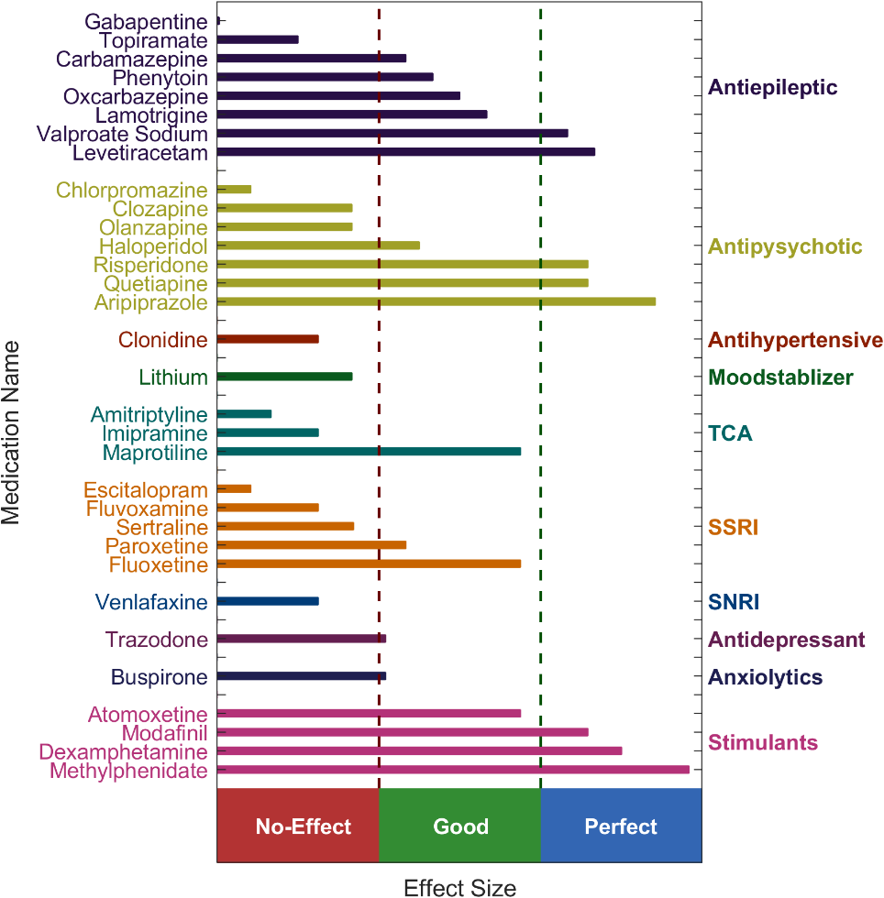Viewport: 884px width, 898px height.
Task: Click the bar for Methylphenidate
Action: tap(453, 770)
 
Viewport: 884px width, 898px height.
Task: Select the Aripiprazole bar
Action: tap(436, 301)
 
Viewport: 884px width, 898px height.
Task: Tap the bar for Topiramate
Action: tap(258, 39)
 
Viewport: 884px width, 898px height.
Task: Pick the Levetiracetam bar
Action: tap(406, 151)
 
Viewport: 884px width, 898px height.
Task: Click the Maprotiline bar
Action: tap(369, 452)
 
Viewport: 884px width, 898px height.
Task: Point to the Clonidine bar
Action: tap(268, 339)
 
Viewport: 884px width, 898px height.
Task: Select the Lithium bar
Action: tap(284, 377)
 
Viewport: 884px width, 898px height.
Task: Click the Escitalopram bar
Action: tap(234, 488)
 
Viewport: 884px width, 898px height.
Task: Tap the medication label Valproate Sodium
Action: tap(122, 134)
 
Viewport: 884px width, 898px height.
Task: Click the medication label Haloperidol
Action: tap(153, 246)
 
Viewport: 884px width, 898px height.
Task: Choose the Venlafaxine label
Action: tap(151, 602)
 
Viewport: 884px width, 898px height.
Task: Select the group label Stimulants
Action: tap(762, 742)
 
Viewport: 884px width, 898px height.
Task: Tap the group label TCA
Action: tap(730, 433)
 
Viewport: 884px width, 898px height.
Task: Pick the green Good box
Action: tap(459, 826)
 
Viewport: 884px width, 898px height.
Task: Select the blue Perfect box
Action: tap(621, 826)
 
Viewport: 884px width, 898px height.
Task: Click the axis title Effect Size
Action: tap(459, 887)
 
